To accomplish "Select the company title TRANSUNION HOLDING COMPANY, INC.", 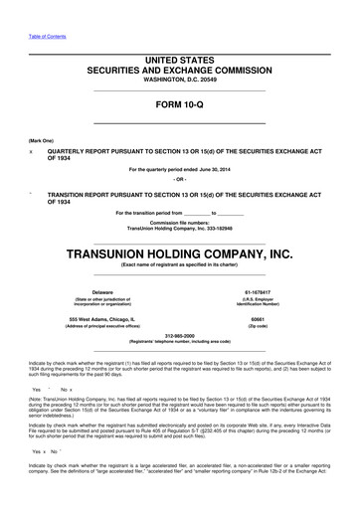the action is tap(179, 253).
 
